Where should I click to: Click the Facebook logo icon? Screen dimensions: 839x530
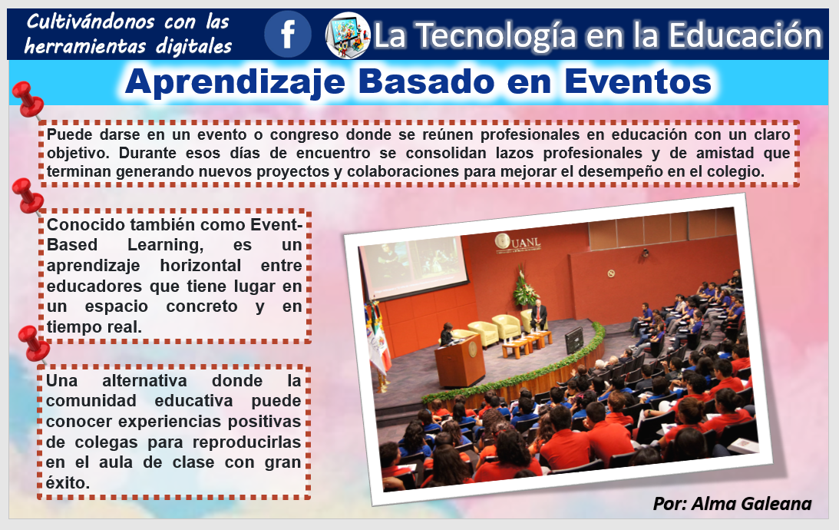pos(287,35)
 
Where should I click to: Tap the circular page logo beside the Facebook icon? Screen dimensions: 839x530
pos(348,35)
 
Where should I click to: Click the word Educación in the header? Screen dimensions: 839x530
pos(745,35)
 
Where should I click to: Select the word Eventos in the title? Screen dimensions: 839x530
pos(638,82)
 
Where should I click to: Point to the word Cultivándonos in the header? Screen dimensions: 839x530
pos(91,22)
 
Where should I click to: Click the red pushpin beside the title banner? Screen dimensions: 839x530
pos(28,100)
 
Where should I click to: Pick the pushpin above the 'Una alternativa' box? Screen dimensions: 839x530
pos(34,344)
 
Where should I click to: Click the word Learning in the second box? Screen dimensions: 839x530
pos(165,245)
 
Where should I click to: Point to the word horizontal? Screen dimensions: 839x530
pos(200,266)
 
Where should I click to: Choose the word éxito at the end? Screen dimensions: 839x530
pos(68,483)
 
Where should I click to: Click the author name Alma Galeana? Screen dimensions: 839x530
pos(751,504)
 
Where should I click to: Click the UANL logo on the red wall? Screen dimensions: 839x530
pos(518,243)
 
